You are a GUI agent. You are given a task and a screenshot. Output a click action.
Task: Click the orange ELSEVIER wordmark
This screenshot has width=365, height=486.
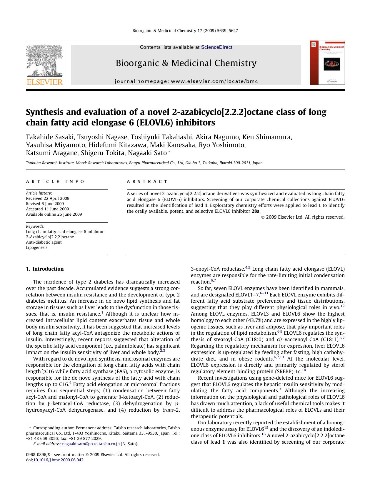45,82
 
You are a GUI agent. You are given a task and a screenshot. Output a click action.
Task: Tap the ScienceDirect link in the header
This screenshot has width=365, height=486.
216,47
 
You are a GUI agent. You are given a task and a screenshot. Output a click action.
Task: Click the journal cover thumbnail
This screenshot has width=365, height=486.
327,63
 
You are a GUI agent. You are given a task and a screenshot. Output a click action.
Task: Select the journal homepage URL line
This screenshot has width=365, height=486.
186,81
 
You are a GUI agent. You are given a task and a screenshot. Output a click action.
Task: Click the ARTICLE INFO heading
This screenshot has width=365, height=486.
55,182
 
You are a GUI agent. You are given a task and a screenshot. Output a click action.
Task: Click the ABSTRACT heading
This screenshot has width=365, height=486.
147,182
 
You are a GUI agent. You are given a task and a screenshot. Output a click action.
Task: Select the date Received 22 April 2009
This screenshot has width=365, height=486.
48,198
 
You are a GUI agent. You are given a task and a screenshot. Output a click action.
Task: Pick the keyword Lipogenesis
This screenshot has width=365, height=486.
36,247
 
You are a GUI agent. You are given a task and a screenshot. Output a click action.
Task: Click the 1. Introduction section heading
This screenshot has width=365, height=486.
45,269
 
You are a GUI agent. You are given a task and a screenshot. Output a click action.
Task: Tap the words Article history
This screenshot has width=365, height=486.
39,193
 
